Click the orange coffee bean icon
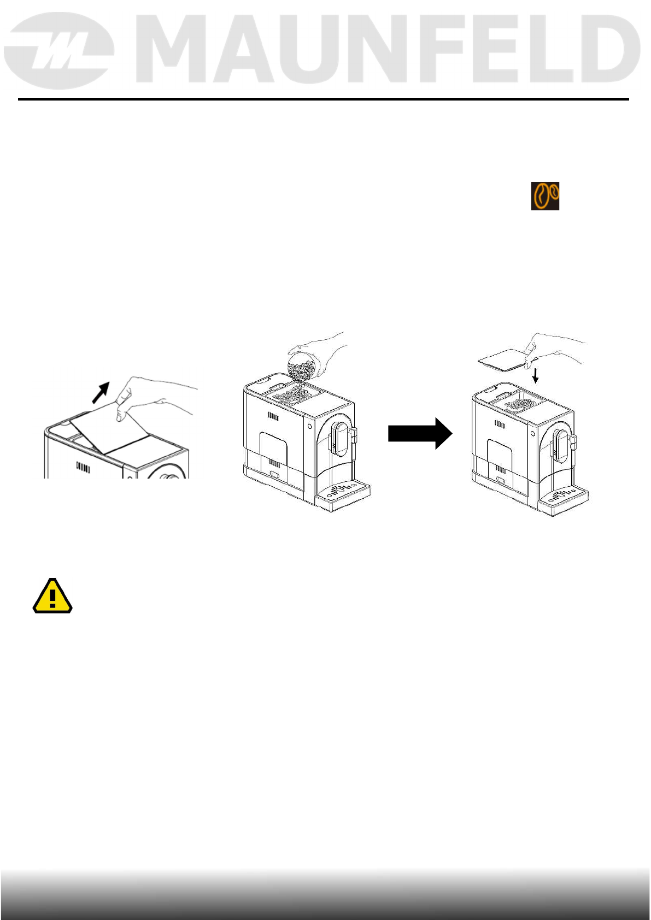[x=546, y=196]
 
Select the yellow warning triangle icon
[x=52, y=597]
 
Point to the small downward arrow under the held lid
[x=536, y=375]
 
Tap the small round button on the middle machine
[x=310, y=426]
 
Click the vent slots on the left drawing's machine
[x=83, y=467]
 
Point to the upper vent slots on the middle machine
[x=273, y=417]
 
